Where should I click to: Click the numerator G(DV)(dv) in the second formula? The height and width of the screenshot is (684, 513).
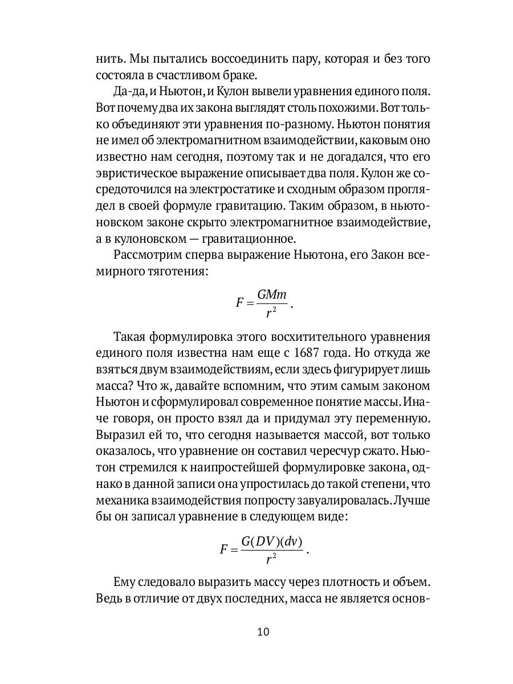[x=272, y=541]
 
